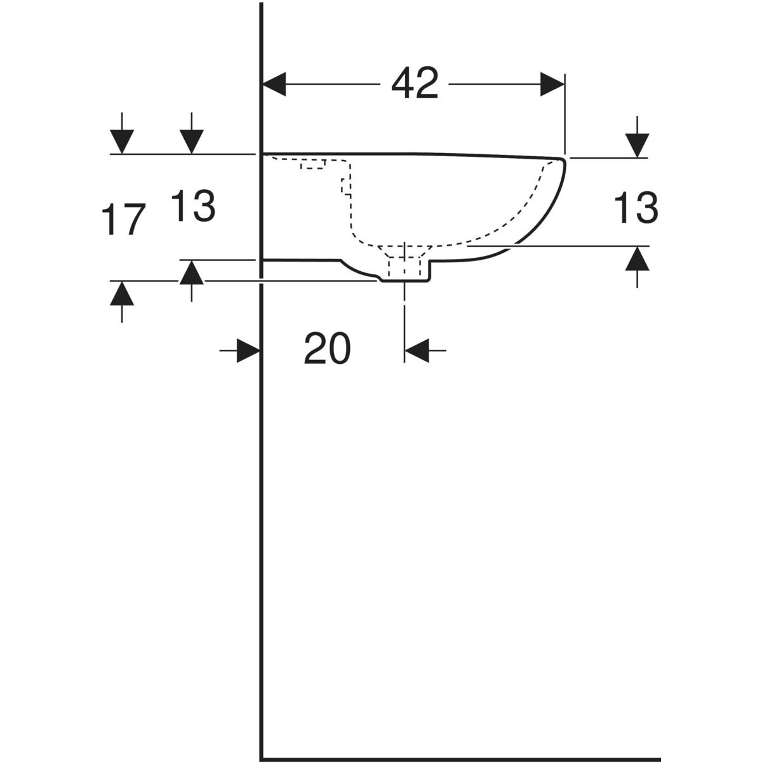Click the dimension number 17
click(x=123, y=219)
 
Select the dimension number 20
click(x=327, y=348)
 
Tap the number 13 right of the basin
click(x=636, y=207)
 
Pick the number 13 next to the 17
click(x=194, y=205)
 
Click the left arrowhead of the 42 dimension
click(x=274, y=84)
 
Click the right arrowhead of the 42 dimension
click(x=552, y=84)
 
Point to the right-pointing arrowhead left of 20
click(x=248, y=351)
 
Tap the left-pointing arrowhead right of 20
click(x=417, y=351)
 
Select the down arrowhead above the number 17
click(x=122, y=142)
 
